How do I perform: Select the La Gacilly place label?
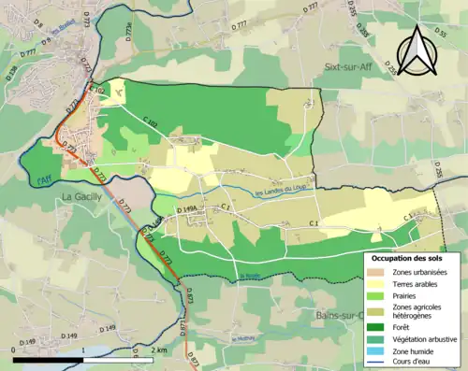pyautogui.click(x=82, y=196)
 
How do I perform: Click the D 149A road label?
pyautogui.click(x=187, y=210)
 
